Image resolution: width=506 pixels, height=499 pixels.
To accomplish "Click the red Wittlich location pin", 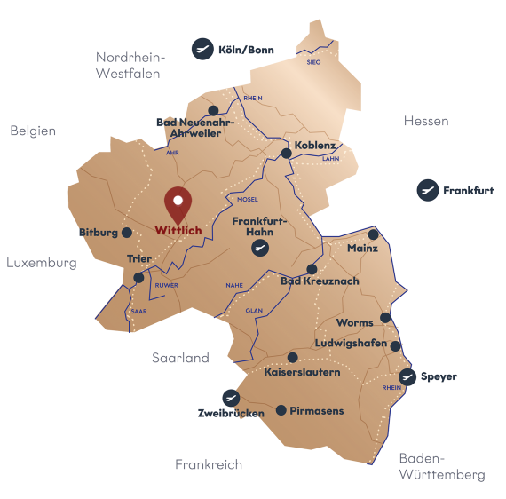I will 178,203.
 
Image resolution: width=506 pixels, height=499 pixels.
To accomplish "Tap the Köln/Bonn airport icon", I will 203,49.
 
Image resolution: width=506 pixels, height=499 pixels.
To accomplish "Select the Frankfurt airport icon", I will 428,190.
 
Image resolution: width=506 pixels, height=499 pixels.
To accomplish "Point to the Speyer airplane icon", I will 407,376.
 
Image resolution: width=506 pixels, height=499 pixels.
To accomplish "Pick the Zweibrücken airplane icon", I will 231,398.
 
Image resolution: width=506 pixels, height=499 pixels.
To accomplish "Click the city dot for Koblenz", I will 287,154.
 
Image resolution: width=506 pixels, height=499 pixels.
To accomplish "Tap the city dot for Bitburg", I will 127,233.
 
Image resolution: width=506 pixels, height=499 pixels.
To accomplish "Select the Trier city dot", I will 138,278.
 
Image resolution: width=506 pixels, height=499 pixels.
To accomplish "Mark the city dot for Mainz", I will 373,234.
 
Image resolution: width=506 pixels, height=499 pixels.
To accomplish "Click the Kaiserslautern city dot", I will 293,358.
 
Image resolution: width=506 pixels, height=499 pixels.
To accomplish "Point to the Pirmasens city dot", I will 281,410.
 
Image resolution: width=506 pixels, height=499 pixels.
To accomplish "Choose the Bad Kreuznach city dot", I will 312,269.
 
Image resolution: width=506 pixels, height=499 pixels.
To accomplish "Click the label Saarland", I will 180,358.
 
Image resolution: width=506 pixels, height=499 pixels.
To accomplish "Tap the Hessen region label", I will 425,121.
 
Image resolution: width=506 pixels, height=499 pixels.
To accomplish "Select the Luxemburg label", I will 41,263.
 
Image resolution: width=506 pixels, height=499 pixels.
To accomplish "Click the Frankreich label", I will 209,464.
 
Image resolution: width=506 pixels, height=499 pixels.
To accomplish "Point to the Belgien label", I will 34,131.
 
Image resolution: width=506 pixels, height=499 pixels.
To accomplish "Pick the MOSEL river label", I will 248,200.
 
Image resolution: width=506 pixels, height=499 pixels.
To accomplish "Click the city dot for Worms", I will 385,317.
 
